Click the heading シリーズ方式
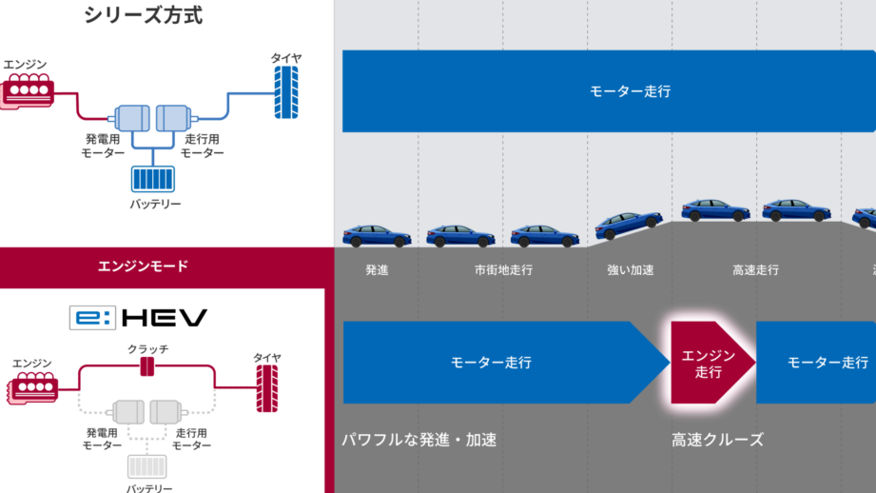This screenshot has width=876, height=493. pyautogui.click(x=143, y=15)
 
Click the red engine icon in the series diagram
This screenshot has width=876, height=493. pyautogui.click(x=28, y=90)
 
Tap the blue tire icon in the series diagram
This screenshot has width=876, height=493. pyautogui.click(x=286, y=92)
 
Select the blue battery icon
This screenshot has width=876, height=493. pyautogui.click(x=153, y=179)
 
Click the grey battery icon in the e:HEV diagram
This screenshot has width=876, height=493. pyautogui.click(x=146, y=466)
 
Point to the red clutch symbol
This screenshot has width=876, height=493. pyautogui.click(x=146, y=366)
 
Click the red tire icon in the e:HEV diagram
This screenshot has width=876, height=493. pyautogui.click(x=267, y=388)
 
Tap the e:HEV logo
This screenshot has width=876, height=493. pyautogui.click(x=139, y=318)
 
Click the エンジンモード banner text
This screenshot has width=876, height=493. pyautogui.click(x=143, y=266)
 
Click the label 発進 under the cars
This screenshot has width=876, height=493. pyautogui.click(x=377, y=270)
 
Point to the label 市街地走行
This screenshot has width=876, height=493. pyautogui.click(x=503, y=270)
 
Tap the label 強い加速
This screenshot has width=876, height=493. pyautogui.click(x=631, y=270)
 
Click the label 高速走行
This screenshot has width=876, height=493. pyautogui.click(x=756, y=270)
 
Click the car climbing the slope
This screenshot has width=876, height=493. pyautogui.click(x=629, y=225)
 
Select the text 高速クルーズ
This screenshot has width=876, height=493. pyautogui.click(x=717, y=440)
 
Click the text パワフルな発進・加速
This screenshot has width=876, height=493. pyautogui.click(x=419, y=440)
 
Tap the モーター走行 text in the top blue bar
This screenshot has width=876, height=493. pyautogui.click(x=631, y=91)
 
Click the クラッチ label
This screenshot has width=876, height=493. pyautogui.click(x=147, y=349)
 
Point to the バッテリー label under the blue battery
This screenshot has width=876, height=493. pyautogui.click(x=155, y=204)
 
